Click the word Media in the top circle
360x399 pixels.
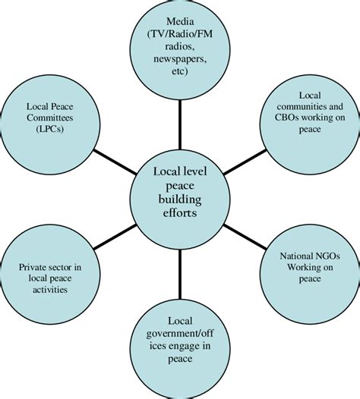(180, 21)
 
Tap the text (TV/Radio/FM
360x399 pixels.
(180, 34)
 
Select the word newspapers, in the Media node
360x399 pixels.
(180, 59)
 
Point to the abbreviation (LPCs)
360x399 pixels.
(50, 129)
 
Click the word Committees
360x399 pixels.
(50, 118)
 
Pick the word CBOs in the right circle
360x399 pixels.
(286, 118)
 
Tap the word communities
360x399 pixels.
(302, 106)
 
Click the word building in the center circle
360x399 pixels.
(180, 199)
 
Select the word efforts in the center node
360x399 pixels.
(180, 212)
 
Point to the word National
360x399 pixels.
(295, 256)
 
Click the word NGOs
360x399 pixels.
(326, 256)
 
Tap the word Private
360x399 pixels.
(31, 267)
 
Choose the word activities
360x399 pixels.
(50, 290)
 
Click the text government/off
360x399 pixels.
(180, 334)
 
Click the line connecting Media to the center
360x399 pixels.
(180, 124)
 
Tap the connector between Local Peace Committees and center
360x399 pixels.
(115, 162)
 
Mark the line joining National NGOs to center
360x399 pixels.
(245, 237)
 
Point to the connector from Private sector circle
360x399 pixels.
(115, 237)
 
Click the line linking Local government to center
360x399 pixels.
(180, 274)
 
